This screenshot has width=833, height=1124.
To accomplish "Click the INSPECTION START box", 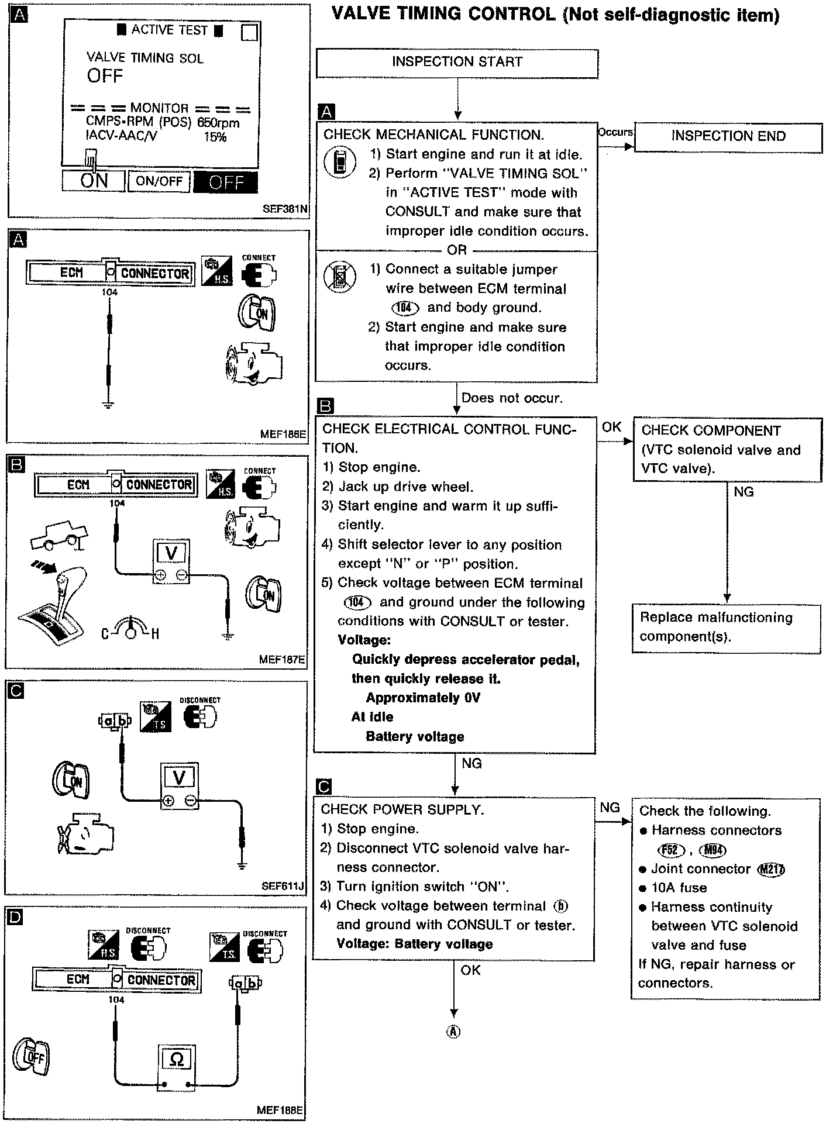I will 457,63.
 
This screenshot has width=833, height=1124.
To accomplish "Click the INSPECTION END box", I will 728,136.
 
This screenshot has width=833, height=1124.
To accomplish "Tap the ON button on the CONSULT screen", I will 94,181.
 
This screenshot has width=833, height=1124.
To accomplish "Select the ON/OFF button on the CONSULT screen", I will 159,181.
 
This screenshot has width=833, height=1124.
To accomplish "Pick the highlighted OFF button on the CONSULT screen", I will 225,182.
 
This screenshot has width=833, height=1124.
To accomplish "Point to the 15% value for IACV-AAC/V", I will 215,137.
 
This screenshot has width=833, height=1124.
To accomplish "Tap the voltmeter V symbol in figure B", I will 171,553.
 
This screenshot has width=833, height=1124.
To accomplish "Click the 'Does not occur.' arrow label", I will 512,398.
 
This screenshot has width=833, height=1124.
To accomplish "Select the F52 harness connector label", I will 670,850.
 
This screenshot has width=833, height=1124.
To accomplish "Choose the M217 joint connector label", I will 771,870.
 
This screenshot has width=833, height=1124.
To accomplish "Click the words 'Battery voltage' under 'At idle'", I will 415,736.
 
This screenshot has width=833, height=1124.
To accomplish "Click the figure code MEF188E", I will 280,1110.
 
